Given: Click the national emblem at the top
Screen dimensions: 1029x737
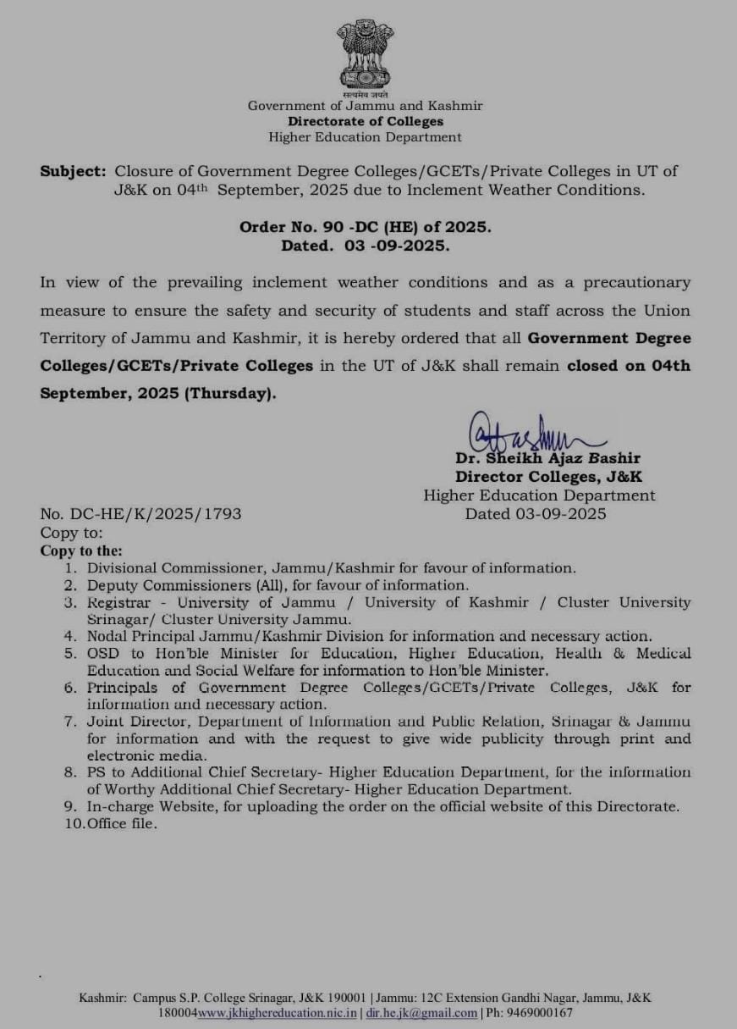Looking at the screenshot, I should [x=365, y=55].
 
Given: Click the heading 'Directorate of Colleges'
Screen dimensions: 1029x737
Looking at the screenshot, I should [x=365, y=121].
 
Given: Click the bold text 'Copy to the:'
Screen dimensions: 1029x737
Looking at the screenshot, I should [x=81, y=550].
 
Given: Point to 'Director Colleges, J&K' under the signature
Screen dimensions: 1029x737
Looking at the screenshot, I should [x=548, y=477].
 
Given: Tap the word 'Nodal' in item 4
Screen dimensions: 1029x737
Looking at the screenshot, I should [x=107, y=636].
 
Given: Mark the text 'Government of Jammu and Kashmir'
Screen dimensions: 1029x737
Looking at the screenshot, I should [x=365, y=106].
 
